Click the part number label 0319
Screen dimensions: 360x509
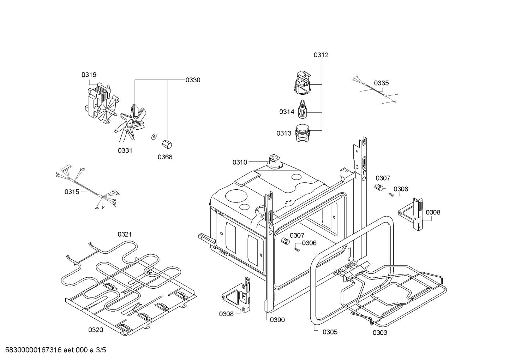89,75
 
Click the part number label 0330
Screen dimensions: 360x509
193,80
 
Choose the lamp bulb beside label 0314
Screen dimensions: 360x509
302,110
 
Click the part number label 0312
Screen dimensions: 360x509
321,55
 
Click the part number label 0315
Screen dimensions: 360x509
72,191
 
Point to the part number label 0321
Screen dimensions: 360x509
125,234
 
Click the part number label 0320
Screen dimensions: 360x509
96,330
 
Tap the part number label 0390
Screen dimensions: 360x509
277,320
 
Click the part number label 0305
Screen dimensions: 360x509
330,332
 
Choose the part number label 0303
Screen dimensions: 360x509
380,332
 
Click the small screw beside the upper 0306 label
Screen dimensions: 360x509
391,194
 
